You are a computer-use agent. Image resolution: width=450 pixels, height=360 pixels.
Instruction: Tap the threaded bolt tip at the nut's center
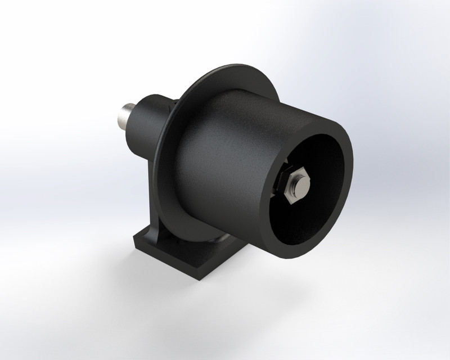[x=300, y=184]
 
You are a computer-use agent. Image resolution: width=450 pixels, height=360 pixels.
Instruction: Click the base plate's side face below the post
[x=169, y=262]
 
